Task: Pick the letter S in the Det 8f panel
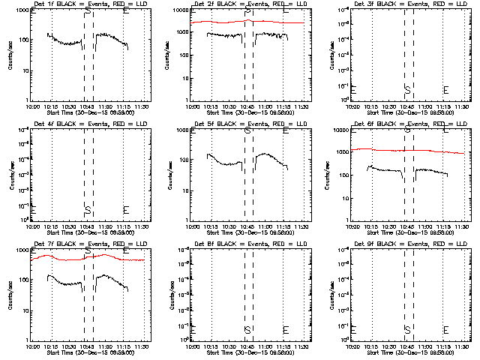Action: pyautogui.click(x=247, y=330)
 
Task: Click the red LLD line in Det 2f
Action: pyautogui.click(x=225, y=22)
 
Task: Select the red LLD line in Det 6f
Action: pyautogui.click(x=390, y=150)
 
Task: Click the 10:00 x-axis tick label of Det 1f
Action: pyautogui.click(x=33, y=106)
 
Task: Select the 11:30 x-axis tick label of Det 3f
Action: pyautogui.click(x=463, y=106)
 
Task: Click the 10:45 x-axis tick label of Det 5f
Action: pyautogui.click(x=247, y=226)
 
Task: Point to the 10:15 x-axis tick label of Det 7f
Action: pyautogui.click(x=52, y=346)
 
